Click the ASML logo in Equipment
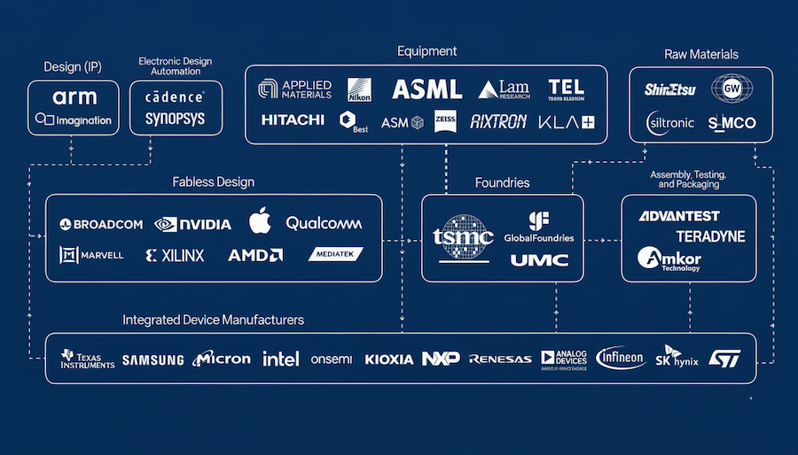426,89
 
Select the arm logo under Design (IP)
74,97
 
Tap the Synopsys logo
175,119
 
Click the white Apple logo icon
258,221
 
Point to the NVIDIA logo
192,225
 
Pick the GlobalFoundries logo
538,227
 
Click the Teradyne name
710,236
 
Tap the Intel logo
280,359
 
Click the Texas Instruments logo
87,359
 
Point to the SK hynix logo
677,358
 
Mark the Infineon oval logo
620,358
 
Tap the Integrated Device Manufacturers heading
213,320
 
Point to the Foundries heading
502,182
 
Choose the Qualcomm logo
323,224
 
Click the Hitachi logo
293,120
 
